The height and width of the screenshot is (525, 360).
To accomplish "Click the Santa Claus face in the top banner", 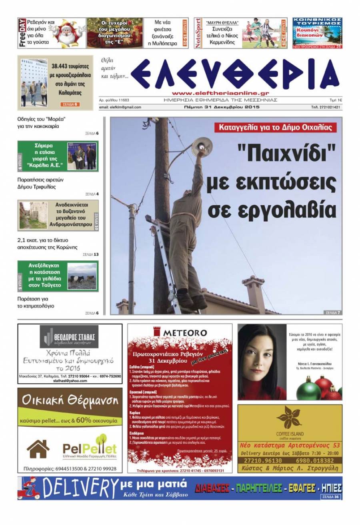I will coord(66,34).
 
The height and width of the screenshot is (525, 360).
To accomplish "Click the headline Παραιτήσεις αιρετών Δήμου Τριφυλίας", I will coord(40,183).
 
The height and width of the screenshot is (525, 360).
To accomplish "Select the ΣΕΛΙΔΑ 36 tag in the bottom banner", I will coord(331,497).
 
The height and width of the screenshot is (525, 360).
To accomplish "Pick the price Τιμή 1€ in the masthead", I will coord(335,100).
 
